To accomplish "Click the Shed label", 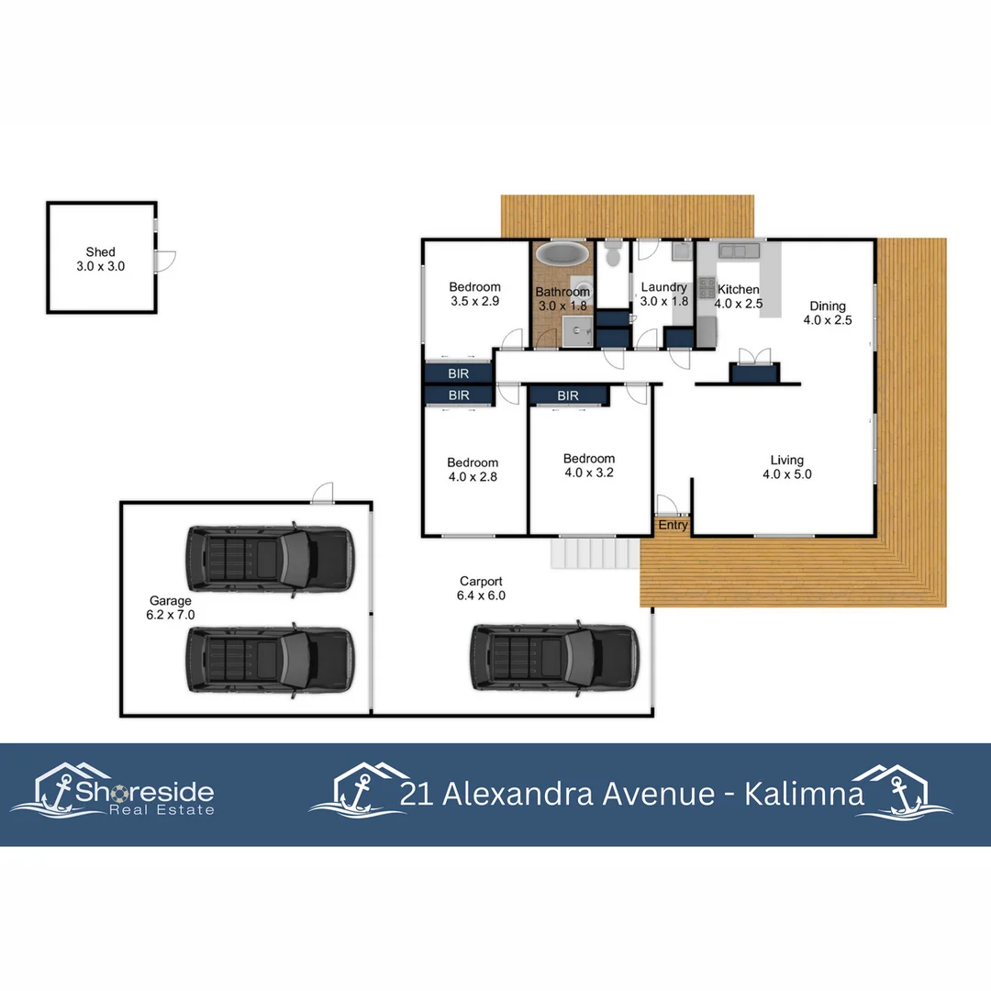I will tap(101, 251).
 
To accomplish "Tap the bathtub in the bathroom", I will tap(562, 254).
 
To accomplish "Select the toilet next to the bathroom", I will tap(613, 253).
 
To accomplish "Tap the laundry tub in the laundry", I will tap(680, 251).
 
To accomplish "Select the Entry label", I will tap(673, 525).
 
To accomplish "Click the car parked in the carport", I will tap(553, 657).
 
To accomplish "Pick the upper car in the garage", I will tap(269, 559).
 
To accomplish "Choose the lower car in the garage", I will tap(269, 658).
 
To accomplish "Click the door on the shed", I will tap(165, 261).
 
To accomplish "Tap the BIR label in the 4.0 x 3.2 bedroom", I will tap(568, 395).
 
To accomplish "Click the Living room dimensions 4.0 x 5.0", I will tap(786, 474).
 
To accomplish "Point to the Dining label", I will tap(827, 306).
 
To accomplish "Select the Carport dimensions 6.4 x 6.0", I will tap(481, 595).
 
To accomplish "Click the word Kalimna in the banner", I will tap(804, 793).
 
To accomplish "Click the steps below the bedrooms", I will tap(592, 553).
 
